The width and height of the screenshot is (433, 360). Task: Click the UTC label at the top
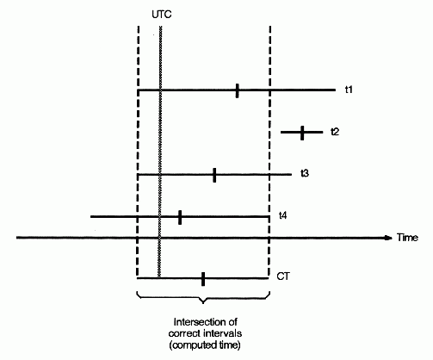coord(162,15)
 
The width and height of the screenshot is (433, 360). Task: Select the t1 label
coord(349,90)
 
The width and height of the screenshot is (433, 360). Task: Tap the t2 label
coord(335,132)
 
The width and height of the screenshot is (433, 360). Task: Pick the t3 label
coord(305,173)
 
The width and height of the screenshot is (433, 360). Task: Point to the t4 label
coord(283,215)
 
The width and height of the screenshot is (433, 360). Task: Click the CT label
coord(283,276)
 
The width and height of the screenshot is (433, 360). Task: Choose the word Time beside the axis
coord(407,238)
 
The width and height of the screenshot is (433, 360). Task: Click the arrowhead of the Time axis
coord(388,238)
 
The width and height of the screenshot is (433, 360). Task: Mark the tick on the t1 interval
coord(237,90)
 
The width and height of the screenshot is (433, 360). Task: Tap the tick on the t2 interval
coord(302,133)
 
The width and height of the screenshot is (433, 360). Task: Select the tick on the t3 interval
coord(214,175)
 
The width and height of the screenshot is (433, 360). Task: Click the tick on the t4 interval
coord(180,217)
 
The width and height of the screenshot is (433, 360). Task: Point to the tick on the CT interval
coord(203,279)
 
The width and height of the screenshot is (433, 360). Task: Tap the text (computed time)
coord(205,344)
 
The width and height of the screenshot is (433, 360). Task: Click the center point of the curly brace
coord(203,301)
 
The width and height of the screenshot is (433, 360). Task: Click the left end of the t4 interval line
coord(91,217)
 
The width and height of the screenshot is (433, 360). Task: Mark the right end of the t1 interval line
coord(335,90)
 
